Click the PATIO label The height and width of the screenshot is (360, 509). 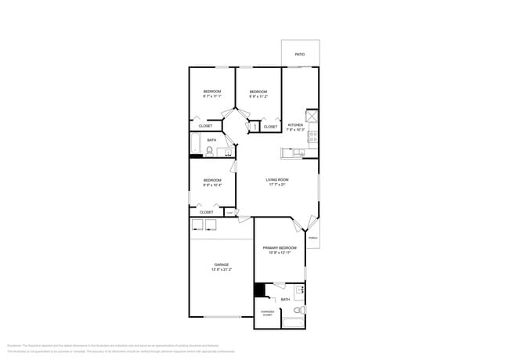point(300,55)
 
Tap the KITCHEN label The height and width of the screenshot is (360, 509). point(295,125)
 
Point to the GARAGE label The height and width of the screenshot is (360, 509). point(222,265)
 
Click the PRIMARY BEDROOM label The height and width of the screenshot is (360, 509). point(277,247)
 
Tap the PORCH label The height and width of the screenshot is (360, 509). point(312,238)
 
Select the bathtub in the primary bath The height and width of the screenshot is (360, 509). point(293,322)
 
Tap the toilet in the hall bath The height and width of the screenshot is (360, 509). point(210,151)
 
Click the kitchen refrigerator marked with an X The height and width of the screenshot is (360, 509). point(312,116)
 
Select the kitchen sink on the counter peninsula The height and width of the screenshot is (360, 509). point(298,153)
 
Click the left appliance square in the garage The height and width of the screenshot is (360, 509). point(197,225)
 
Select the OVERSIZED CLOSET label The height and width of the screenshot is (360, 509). point(267,313)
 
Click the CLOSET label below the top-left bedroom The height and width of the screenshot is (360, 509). point(205,126)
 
